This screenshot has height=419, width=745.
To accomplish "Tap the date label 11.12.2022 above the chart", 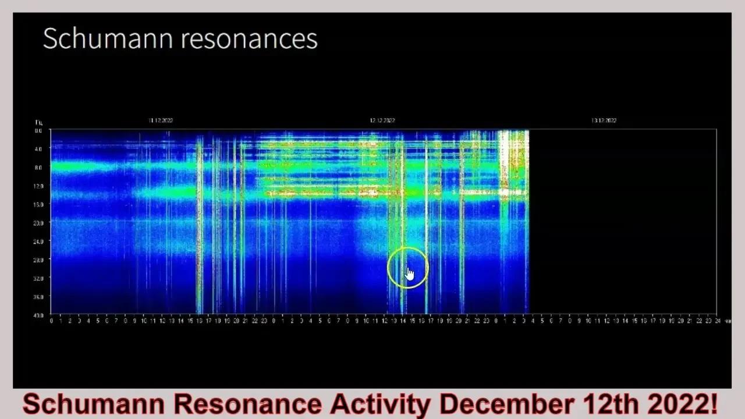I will [x=161, y=120].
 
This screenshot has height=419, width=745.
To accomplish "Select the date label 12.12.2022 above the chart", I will [x=382, y=120].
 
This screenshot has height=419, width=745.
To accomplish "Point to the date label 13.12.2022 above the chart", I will [x=604, y=120].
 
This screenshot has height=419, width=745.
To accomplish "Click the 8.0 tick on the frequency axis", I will [x=38, y=168].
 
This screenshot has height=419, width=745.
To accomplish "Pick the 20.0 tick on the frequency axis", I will [x=38, y=223].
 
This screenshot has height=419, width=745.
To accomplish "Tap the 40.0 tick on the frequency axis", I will [x=38, y=315].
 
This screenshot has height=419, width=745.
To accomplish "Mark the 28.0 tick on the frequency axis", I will [x=38, y=260].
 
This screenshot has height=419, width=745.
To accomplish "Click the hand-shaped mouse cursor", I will [x=410, y=274].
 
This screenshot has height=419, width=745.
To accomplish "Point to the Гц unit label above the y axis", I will [x=38, y=122].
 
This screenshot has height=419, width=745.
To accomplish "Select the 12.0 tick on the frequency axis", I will [x=38, y=186].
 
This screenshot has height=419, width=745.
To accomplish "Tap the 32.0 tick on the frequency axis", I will [x=38, y=278].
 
